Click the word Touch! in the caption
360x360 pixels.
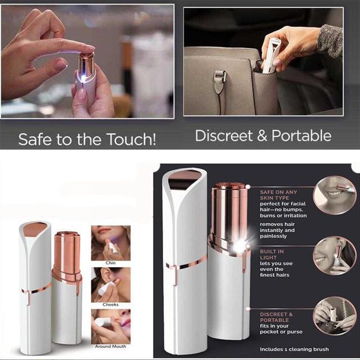click(132, 139)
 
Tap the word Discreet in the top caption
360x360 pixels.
click(224, 136)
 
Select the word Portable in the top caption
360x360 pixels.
click(301, 136)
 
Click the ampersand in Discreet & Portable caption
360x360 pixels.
click(262, 136)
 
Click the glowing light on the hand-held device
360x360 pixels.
click(84, 79)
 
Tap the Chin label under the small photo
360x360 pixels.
click(110, 263)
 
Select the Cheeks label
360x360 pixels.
click(110, 305)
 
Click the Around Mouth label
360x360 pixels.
click(110, 346)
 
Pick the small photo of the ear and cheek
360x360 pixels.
click(111, 285)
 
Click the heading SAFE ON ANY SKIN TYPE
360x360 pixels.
click(278, 195)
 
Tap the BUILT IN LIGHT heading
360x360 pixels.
click(272, 254)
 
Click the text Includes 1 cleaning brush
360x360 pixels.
click(294, 349)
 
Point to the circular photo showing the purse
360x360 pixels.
click(335, 316)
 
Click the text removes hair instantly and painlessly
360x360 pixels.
click(277, 230)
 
